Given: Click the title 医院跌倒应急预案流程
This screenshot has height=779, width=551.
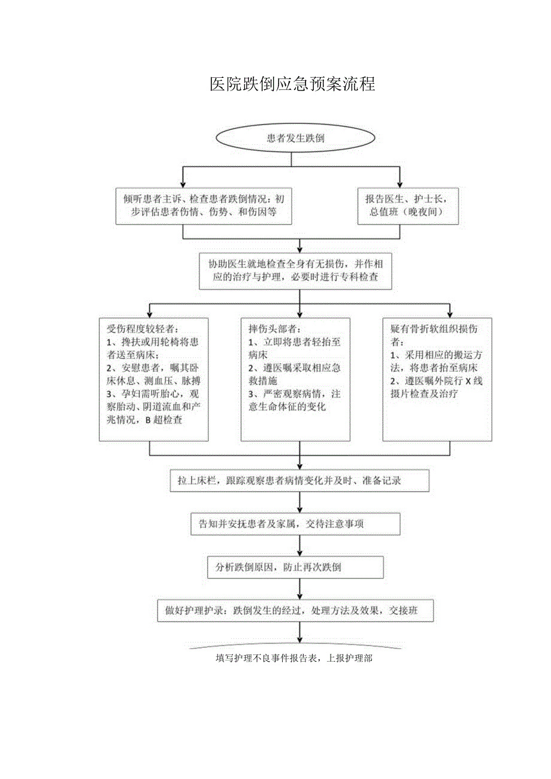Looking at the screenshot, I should [x=292, y=84].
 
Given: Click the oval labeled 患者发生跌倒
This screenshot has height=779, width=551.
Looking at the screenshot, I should [x=295, y=138].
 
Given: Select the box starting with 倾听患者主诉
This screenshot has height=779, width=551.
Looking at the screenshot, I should [x=204, y=205].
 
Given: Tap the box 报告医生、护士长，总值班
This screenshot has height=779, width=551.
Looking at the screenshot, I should [x=408, y=205].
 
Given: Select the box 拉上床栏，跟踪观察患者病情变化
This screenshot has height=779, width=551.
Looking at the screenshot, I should [x=299, y=481].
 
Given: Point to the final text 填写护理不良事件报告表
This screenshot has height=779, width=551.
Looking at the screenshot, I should [x=295, y=657].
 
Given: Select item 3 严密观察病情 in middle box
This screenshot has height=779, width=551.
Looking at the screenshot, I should [x=293, y=395].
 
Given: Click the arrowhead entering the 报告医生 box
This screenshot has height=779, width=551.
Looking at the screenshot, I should [x=401, y=184].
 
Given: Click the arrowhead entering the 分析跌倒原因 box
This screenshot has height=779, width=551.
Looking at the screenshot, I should [x=299, y=553].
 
